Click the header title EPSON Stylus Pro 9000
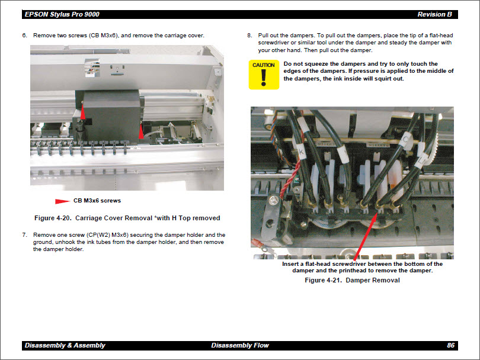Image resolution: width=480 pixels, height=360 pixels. [x=62, y=14]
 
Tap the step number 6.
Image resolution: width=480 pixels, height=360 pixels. [x=24, y=36]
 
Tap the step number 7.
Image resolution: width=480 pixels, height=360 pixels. [x=24, y=235]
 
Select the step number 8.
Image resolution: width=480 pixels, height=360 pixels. [x=249, y=36]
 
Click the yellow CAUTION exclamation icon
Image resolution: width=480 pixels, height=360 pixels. [x=264, y=75]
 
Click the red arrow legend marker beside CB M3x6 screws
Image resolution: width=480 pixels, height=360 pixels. [x=62, y=201]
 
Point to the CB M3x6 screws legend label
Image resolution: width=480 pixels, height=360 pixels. [x=97, y=201]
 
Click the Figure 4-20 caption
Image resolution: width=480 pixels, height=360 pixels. [x=127, y=218]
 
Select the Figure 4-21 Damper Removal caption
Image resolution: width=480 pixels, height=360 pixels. [x=352, y=280]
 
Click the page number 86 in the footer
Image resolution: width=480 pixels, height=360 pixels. [x=451, y=345]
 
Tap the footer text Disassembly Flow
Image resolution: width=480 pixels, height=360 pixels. [x=240, y=345]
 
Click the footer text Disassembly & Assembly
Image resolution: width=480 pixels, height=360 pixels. [x=65, y=345]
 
